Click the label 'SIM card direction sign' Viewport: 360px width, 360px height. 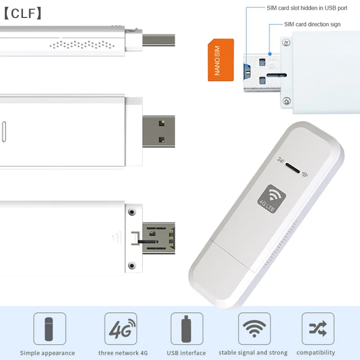coord(312,24)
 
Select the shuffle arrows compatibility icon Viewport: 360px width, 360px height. coord(318,329)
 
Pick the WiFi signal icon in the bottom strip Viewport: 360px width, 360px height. coord(254,329)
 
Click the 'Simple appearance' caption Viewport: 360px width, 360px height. coord(47,353)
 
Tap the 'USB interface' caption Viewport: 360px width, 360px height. coord(186,353)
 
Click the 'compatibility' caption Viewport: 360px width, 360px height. coord(316,353)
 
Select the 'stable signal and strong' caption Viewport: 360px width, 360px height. coord(253,353)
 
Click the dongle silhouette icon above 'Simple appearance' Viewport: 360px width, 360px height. coord(49,329)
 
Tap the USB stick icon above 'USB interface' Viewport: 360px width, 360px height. coord(186,329)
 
